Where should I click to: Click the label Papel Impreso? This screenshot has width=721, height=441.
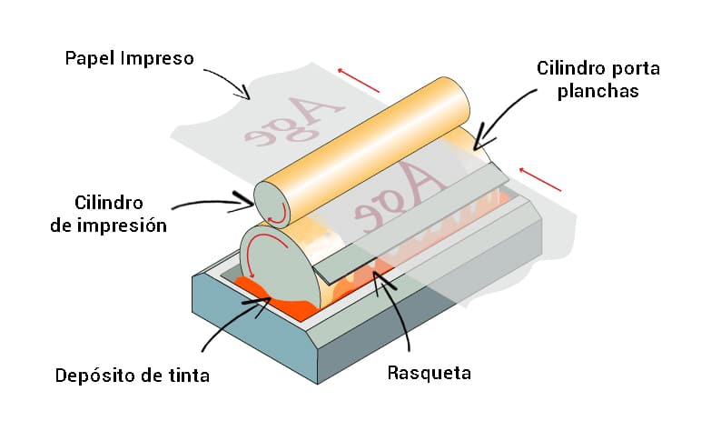[129, 58]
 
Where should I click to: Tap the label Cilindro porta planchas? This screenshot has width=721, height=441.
[597, 80]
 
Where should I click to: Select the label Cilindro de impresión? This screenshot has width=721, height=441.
[109, 213]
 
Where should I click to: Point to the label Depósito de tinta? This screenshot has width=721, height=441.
[132, 375]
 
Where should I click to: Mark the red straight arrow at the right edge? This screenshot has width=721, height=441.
[541, 178]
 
